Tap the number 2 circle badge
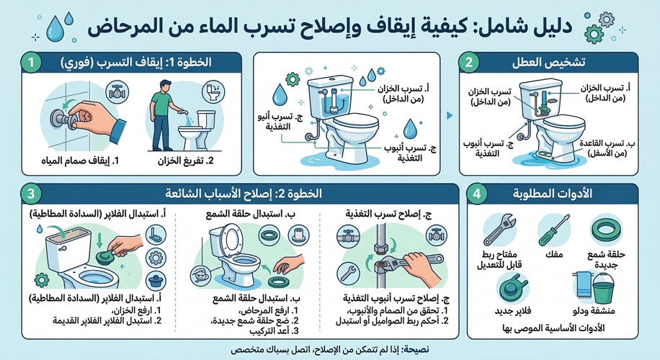click(469, 63)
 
